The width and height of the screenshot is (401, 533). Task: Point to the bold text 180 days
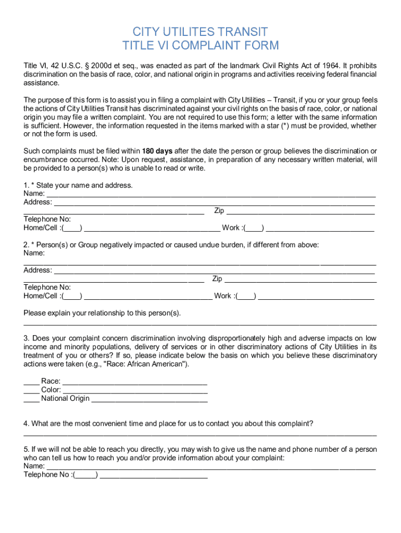(157, 151)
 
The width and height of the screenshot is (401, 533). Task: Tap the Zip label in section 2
(217, 279)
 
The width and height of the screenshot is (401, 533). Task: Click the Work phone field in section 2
(316, 297)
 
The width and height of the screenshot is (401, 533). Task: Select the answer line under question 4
(200, 434)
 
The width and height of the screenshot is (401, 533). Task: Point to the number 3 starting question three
(26, 338)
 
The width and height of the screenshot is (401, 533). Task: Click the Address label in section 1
(37, 202)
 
